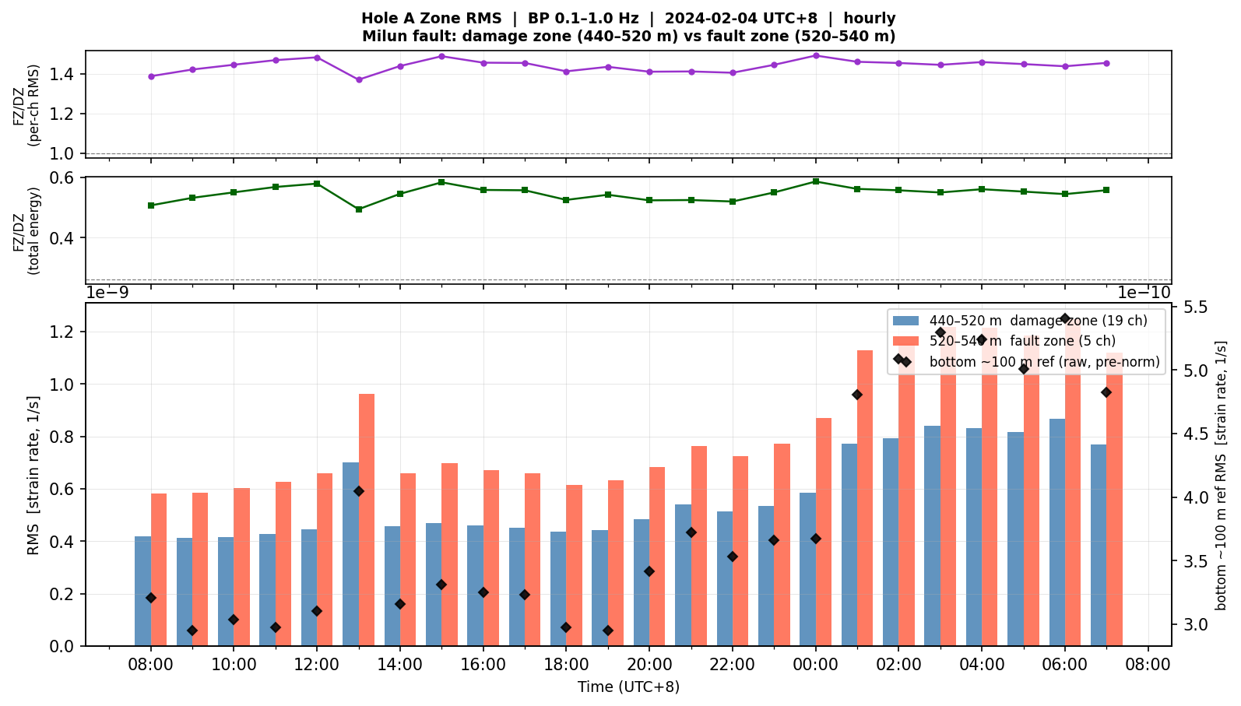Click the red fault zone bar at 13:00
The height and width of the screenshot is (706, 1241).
tap(367, 520)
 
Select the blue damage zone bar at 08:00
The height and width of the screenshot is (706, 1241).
tap(143, 591)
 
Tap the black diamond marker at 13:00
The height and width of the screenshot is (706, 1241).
tap(359, 491)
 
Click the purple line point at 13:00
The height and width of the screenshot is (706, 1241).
tap(359, 79)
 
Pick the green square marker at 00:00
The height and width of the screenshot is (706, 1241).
tap(815, 181)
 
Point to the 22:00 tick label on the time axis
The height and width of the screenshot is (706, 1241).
tap(733, 665)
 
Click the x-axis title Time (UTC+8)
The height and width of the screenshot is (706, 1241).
tap(628, 687)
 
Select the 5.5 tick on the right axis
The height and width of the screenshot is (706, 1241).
tap(1197, 307)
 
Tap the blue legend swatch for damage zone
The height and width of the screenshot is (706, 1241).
tap(905, 321)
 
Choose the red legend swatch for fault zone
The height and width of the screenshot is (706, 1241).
tap(905, 341)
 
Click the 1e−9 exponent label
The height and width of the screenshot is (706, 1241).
tap(108, 293)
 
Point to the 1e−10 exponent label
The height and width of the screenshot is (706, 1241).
tap(1144, 293)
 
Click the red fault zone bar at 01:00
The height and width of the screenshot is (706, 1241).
tap(865, 498)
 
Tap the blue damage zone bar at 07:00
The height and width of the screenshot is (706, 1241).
tap(1099, 546)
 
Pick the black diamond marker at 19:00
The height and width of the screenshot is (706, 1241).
tap(608, 630)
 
